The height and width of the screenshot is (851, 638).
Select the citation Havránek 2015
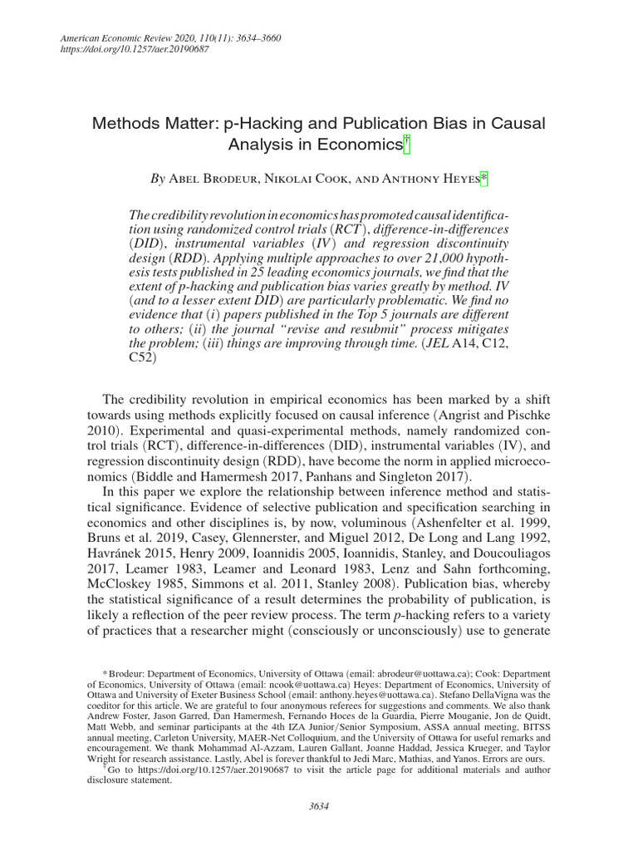point(138,553)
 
